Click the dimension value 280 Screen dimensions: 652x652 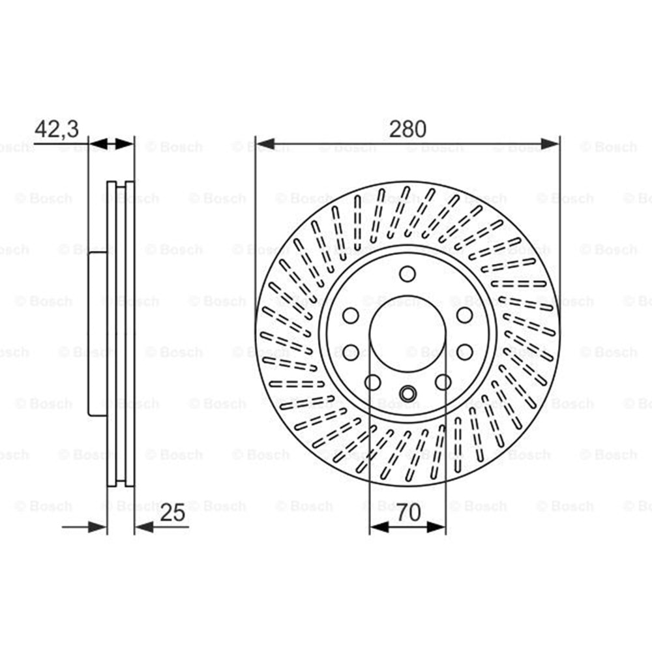click(407, 129)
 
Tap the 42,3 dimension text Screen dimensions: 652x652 click(57, 129)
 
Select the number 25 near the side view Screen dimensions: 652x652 click(173, 512)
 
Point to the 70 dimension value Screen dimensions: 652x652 click(409, 512)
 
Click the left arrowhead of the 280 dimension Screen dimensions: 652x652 click(265, 144)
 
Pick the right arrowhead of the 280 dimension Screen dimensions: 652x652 click(550, 144)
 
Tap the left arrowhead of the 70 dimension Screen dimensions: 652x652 click(379, 527)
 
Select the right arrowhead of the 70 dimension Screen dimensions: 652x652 click(436, 527)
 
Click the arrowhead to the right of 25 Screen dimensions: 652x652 click(144, 527)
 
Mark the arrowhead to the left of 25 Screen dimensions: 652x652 click(97, 527)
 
